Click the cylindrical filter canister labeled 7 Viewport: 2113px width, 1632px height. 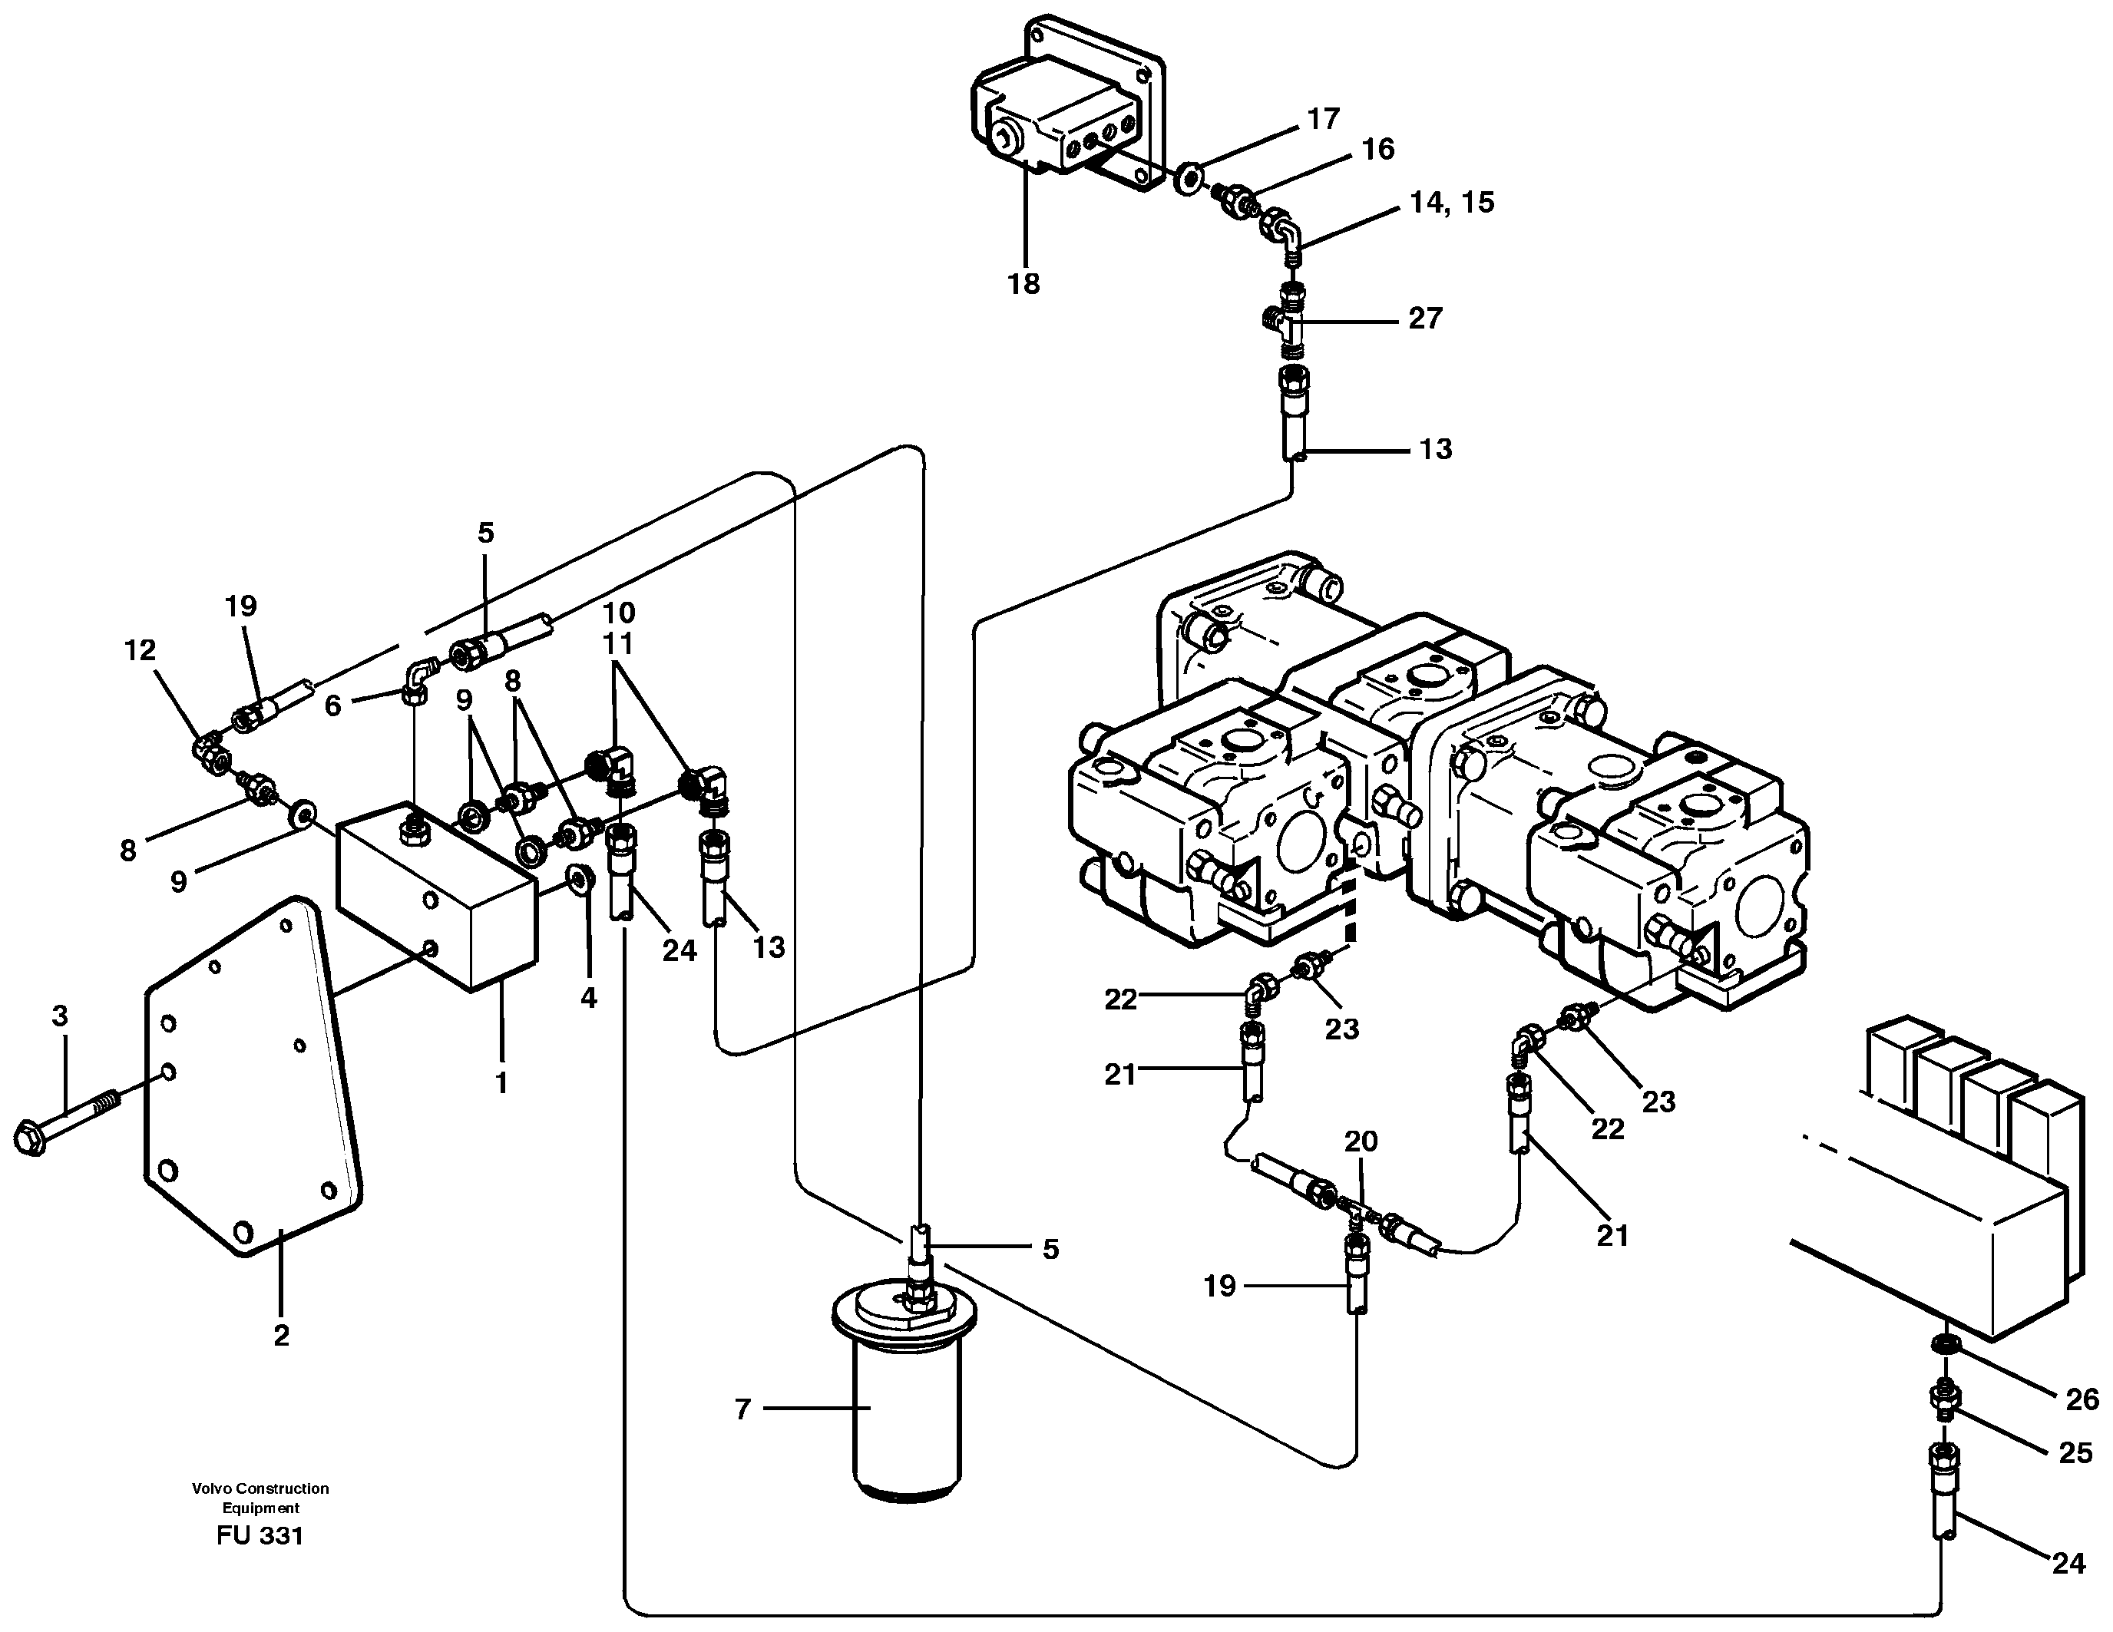(x=904, y=1412)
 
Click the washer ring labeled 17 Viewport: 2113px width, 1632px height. (x=1189, y=178)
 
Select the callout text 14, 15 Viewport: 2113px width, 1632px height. (x=1451, y=202)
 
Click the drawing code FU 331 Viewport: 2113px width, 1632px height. (x=260, y=1535)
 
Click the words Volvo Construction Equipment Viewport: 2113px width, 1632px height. (x=260, y=1498)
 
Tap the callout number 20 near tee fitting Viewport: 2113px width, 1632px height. (x=1361, y=1141)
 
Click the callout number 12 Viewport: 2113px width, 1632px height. (x=141, y=650)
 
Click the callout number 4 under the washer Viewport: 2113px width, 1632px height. (x=588, y=999)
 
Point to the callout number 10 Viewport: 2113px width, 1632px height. (x=618, y=613)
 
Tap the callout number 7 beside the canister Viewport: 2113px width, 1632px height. (x=742, y=1409)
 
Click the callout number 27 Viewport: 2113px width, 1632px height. (x=1424, y=319)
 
